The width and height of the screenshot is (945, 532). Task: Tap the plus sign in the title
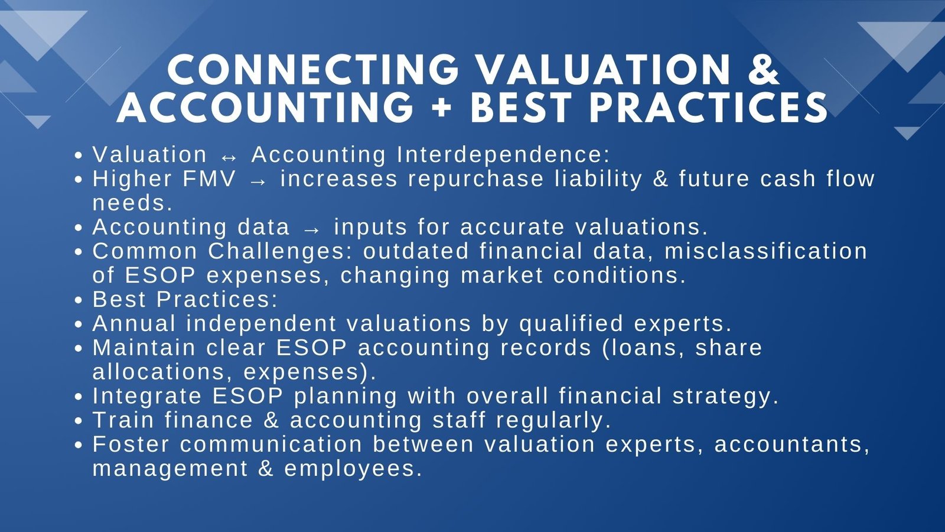pos(442,107)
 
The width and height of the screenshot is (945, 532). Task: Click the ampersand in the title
pos(763,70)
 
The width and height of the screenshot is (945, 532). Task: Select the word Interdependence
pos(503,155)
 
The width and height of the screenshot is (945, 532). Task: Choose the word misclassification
pos(766,251)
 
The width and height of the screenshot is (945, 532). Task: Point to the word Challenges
pos(281,251)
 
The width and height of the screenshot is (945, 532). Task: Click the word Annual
pos(134,324)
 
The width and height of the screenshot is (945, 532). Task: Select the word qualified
pos(571,324)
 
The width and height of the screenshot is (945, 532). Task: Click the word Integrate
pos(147,397)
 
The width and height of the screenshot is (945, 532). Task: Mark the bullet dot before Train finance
pos(79,421)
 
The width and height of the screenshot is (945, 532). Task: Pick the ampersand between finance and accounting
pos(271,421)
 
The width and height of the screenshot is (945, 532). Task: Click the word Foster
pos(131,445)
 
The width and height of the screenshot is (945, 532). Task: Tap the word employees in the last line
pos(353,469)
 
